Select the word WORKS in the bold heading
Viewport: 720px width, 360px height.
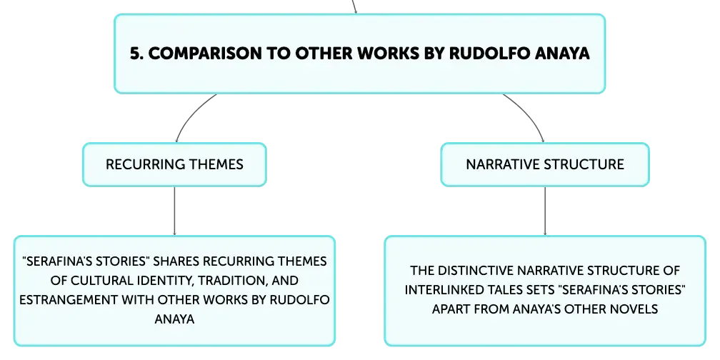pos(389,54)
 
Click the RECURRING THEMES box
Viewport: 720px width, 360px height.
pos(174,164)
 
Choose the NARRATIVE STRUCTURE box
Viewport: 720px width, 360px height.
pos(545,164)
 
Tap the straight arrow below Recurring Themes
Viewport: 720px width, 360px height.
pos(174,211)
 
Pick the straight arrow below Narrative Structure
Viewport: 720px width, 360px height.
pos(545,211)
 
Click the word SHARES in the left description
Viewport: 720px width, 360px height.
pos(176,261)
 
